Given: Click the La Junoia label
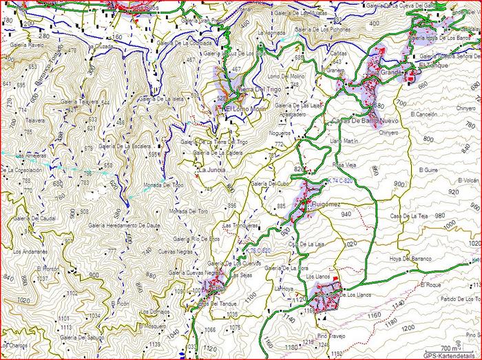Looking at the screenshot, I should click(x=211, y=169).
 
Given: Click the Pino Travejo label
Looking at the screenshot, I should click(x=331, y=337).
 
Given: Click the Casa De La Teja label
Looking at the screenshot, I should click(x=409, y=217).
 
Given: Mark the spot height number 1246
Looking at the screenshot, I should click(x=323, y=344).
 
